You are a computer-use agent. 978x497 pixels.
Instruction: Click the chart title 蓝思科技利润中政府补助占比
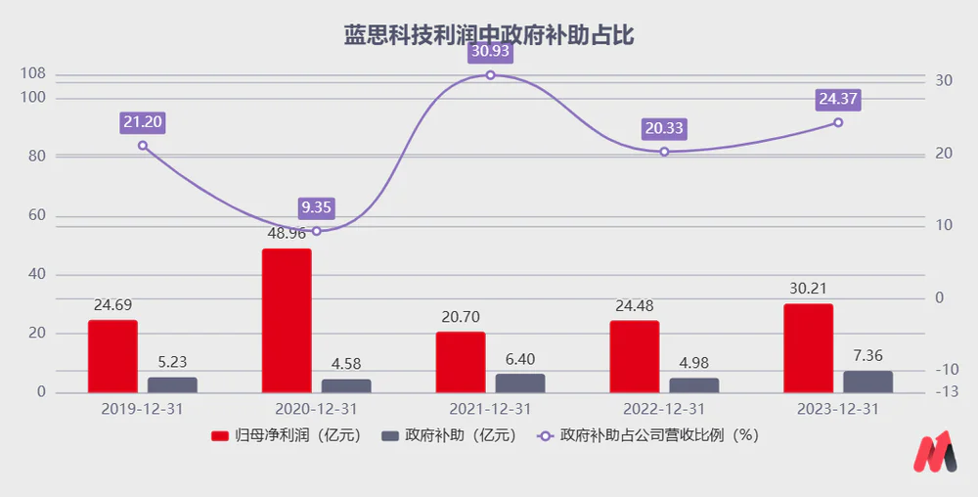click(x=489, y=36)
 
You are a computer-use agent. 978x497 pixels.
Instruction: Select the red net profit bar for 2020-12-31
click(x=287, y=321)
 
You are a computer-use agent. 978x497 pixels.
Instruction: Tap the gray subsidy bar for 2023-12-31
click(x=868, y=382)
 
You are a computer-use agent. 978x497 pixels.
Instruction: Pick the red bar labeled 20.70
click(x=461, y=362)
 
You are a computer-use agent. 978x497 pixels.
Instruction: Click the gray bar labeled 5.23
click(x=172, y=384)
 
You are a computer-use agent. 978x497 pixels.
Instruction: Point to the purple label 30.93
click(x=490, y=50)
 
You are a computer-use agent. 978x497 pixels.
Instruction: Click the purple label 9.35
click(x=317, y=207)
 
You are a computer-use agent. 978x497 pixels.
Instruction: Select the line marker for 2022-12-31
click(x=664, y=152)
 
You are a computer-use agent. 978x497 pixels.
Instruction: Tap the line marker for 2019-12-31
click(x=143, y=146)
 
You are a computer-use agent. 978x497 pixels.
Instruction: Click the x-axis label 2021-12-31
click(x=490, y=409)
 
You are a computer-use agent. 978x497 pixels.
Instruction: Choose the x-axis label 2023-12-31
click(x=837, y=409)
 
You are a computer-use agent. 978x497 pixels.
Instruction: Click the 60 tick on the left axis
click(x=35, y=215)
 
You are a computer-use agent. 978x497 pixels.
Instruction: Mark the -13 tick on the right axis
click(x=944, y=392)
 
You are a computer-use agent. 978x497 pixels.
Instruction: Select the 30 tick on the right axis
click(x=944, y=80)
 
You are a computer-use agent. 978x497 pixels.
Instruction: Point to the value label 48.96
click(x=287, y=235)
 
